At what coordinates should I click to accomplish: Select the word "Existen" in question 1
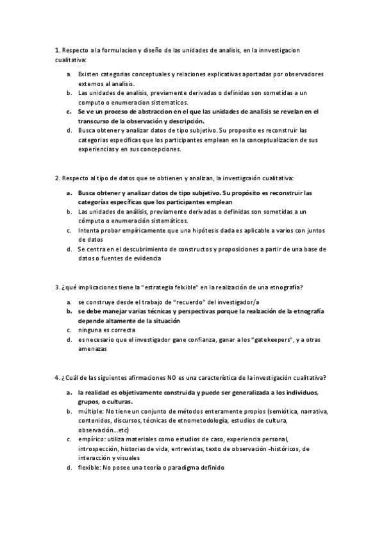pos(88,74)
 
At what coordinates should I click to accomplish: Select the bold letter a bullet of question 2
pos(69,192)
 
